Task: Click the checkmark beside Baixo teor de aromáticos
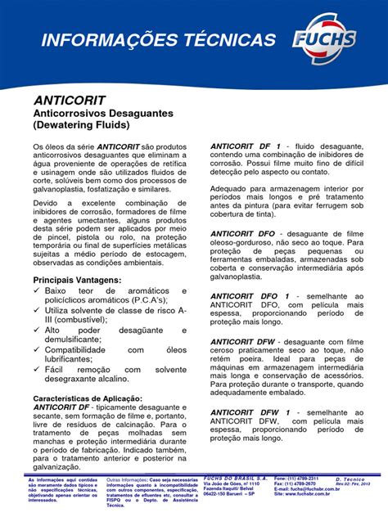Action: [x=37, y=292]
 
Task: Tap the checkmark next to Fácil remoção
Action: [x=37, y=370]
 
